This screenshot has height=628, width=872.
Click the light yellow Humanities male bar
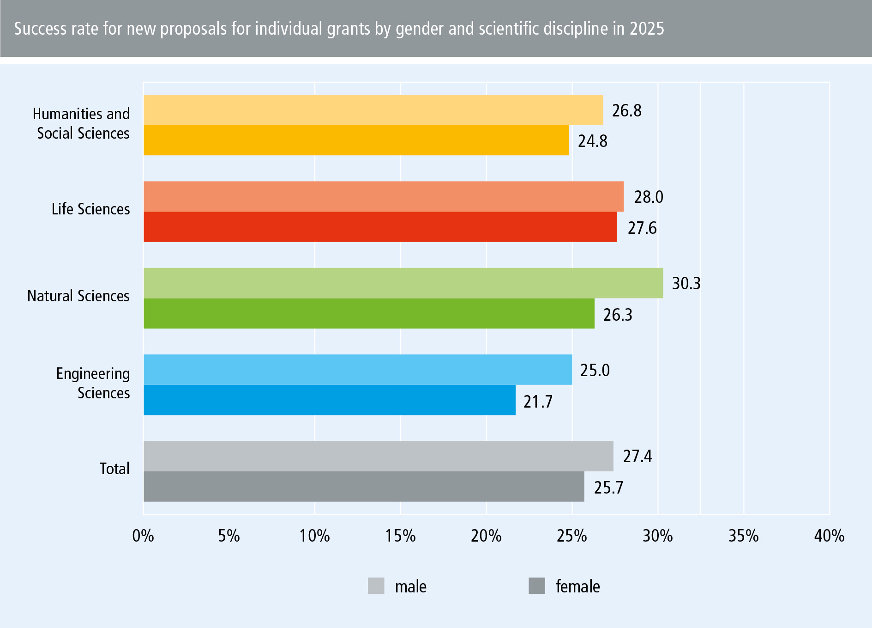[373, 110]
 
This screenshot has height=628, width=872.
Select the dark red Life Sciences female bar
[380, 227]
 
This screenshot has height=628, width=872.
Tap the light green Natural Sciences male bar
[403, 283]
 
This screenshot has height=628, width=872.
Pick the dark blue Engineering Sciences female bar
[329, 400]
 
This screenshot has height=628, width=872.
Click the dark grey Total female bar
[364, 487]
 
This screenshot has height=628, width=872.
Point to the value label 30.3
[686, 283]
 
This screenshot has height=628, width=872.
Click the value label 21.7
[538, 402]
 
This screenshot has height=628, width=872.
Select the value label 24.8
[593, 141]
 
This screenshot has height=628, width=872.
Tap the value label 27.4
[637, 456]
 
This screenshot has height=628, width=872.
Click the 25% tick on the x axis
[571, 536]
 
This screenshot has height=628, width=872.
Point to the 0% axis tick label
[143, 536]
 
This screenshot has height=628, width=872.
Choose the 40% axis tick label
[829, 536]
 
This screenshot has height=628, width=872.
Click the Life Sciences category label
[90, 209]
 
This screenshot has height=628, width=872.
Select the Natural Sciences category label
[78, 296]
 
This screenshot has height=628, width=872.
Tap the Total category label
[114, 469]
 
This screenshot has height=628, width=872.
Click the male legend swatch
[376, 585]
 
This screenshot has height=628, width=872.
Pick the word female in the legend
[577, 586]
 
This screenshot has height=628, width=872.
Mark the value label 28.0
[649, 197]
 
